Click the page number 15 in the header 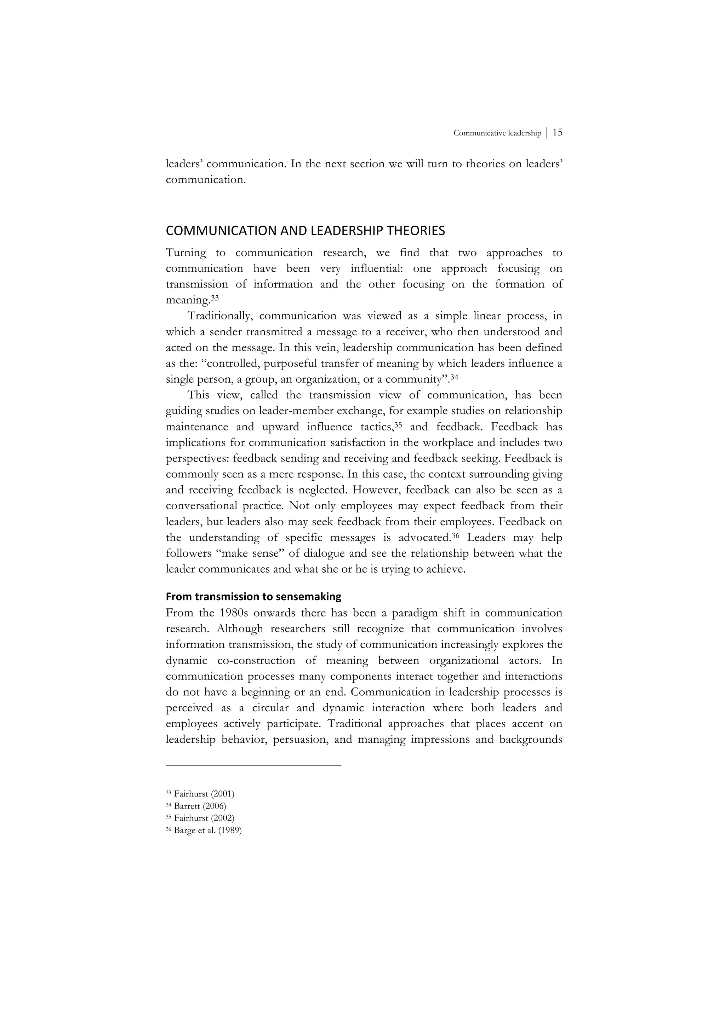tap(557, 133)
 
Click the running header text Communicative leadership tap(497, 133)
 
